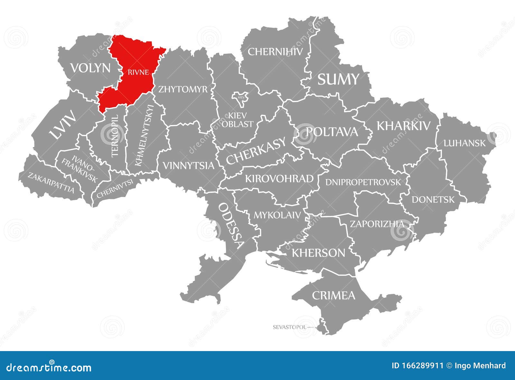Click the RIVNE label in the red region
point(138,72)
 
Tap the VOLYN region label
point(90,68)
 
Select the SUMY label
point(338,79)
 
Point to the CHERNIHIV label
point(275,51)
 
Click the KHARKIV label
point(403,126)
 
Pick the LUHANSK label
point(464,143)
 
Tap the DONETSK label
point(433,200)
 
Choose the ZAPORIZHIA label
point(377,224)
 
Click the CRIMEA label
point(333,295)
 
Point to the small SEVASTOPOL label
point(289,327)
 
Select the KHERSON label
point(318,253)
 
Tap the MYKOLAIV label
point(277,215)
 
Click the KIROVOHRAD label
point(279,178)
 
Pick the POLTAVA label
point(332,131)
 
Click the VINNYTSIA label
point(188,166)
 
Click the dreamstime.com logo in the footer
point(49,367)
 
